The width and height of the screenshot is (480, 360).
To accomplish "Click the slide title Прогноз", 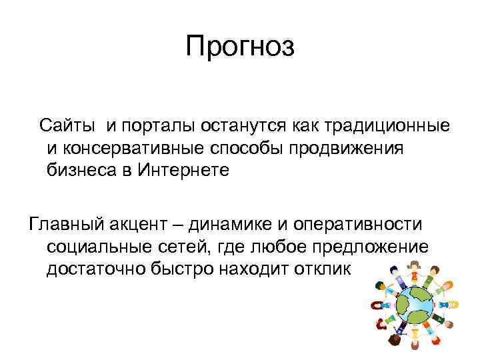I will (239, 47).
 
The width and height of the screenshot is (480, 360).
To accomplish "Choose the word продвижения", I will (346, 147).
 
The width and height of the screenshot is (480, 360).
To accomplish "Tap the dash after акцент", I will (183, 223).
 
